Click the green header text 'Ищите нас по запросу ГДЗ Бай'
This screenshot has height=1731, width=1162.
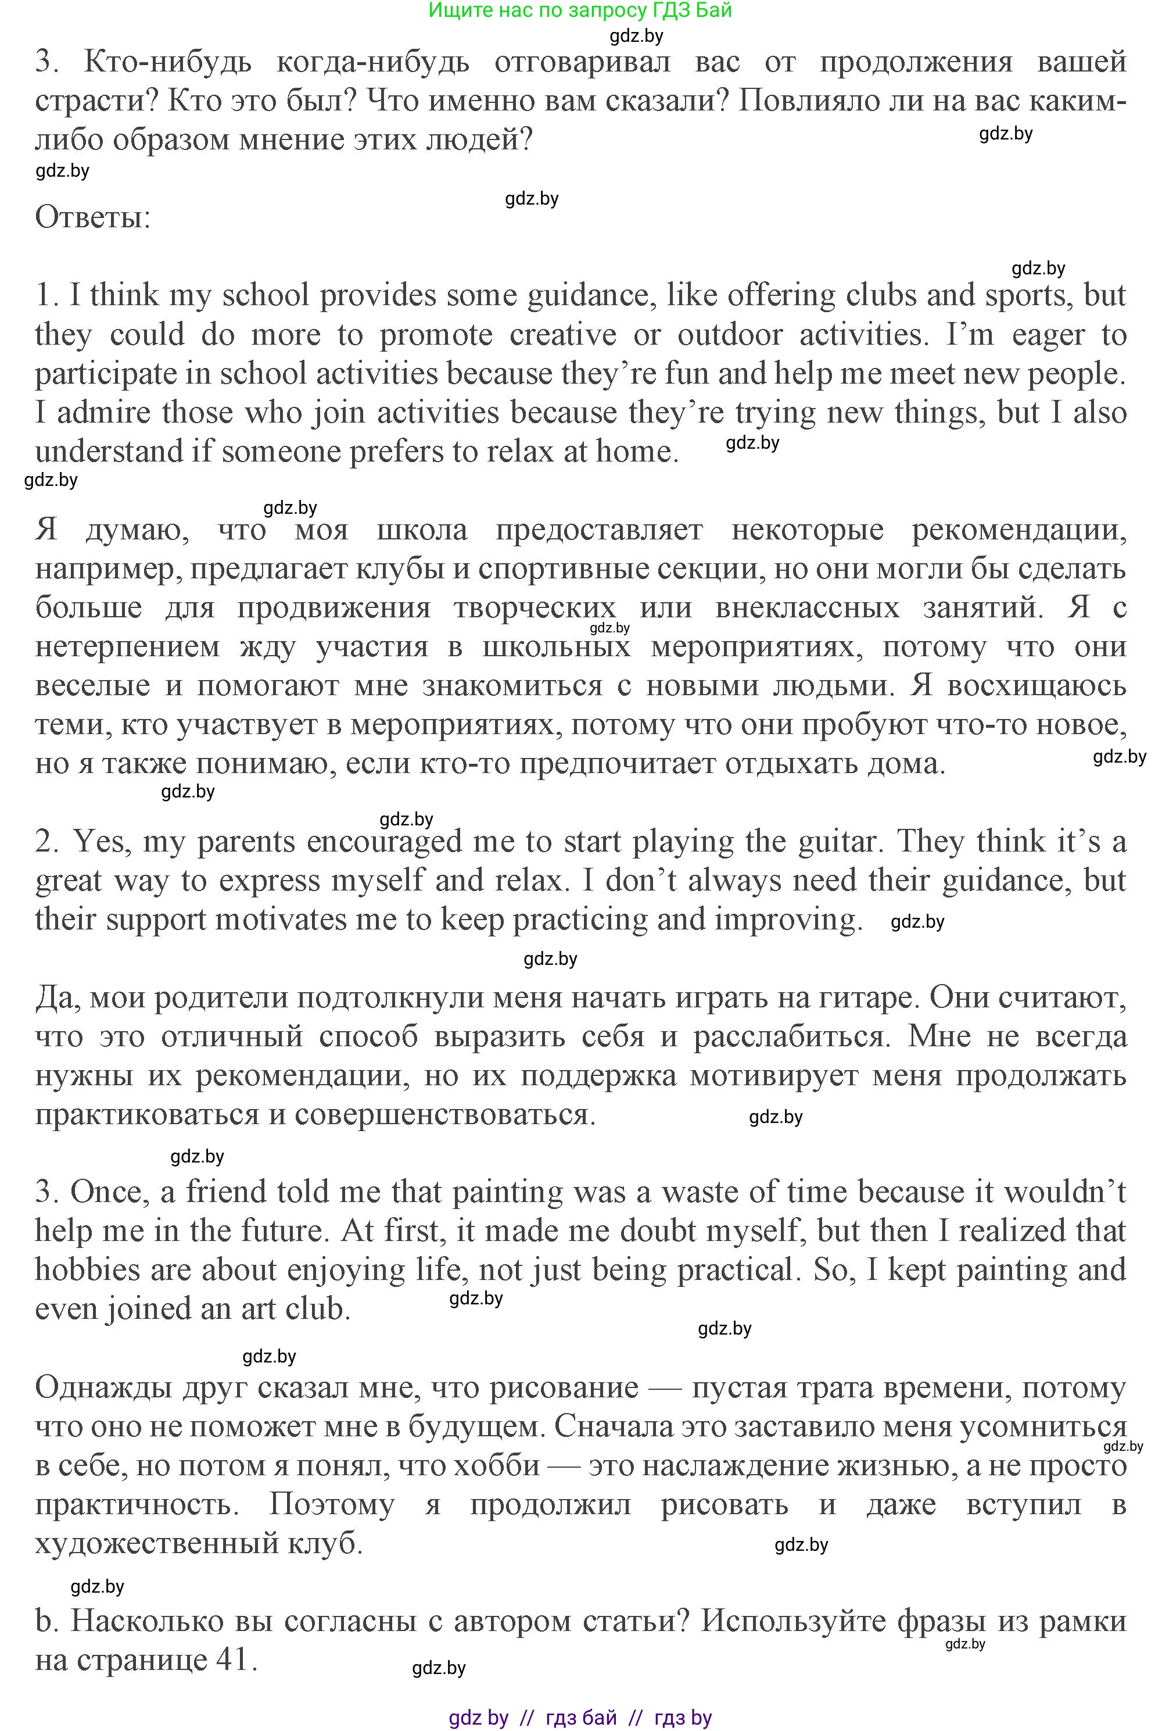580,10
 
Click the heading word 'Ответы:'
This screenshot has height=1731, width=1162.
92,218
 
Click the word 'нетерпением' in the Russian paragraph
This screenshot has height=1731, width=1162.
127,647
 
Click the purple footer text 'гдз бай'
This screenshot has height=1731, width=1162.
581,1718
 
